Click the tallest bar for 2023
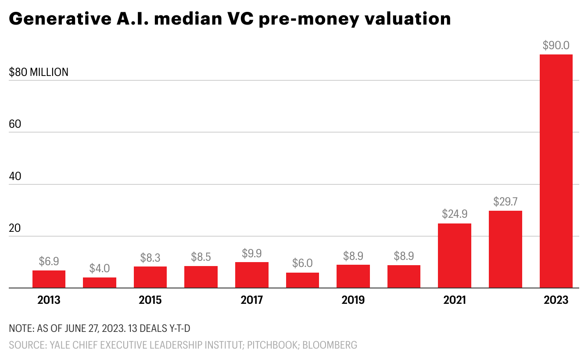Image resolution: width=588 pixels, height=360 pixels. pos(556,171)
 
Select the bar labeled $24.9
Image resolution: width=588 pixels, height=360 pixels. pos(455,256)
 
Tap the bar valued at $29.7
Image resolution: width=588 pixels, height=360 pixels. pos(506,249)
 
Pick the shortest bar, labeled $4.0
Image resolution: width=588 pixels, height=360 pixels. pos(100,283)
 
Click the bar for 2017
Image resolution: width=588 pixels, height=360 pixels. pos(252,275)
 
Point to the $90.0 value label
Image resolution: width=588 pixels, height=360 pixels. pos(556,45)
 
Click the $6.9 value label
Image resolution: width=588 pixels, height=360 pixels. pos(49,261)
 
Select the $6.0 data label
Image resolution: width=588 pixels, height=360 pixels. pos(302,263)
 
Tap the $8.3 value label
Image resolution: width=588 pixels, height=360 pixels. pos(150,257)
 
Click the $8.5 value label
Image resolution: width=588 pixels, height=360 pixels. pos(201,257)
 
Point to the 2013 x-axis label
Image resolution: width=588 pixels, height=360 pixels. pos(49,300)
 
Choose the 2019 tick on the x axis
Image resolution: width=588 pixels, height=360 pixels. pos(353,300)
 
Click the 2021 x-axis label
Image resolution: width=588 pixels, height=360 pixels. pos(455,300)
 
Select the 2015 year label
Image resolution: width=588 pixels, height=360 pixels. pos(150,300)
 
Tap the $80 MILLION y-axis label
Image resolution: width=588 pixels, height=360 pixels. pos(39,72)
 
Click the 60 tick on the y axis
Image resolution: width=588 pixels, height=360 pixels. pos(15,124)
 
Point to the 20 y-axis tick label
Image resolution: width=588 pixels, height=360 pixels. pos(15,228)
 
